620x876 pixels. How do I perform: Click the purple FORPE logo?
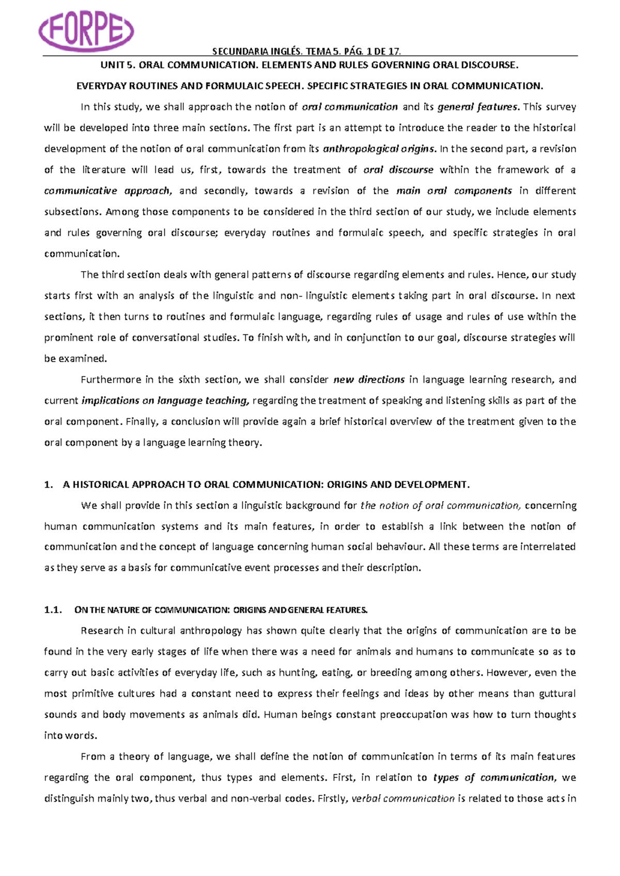point(87,30)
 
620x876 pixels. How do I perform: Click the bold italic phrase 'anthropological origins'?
point(379,149)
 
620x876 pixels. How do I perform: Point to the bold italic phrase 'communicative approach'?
point(107,191)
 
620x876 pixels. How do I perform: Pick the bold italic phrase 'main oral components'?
point(454,191)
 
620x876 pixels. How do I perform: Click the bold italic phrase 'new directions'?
point(369,380)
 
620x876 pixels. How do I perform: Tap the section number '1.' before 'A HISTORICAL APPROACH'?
point(49,484)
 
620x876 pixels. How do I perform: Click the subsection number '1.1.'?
point(53,610)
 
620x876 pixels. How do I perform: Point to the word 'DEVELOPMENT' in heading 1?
point(431,484)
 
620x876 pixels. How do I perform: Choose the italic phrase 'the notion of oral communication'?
point(440,506)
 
